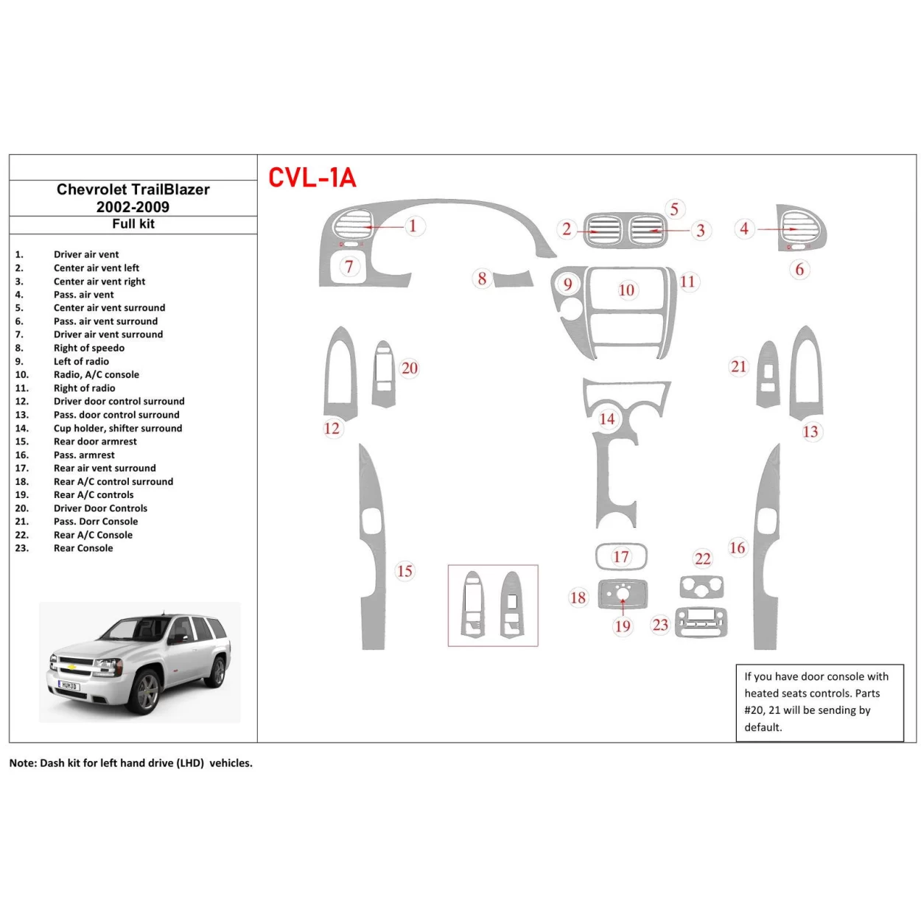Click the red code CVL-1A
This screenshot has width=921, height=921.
point(312,178)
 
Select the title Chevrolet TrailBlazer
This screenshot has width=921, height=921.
point(133,189)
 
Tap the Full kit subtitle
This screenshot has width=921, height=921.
point(133,224)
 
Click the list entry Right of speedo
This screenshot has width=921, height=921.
point(88,348)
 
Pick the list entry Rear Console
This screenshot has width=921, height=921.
point(83,548)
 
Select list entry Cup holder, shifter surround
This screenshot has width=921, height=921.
point(117,428)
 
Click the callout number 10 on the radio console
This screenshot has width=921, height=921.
point(626,290)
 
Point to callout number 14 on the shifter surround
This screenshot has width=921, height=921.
point(606,419)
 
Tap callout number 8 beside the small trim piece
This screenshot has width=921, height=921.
point(482,279)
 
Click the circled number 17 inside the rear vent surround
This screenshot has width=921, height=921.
point(621,557)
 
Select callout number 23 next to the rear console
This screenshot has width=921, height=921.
point(660,626)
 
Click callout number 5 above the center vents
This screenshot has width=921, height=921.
point(674,209)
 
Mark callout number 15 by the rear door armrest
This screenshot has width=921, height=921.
point(405,571)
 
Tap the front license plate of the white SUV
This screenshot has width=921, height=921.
point(69,686)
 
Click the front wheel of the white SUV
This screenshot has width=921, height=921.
point(147,691)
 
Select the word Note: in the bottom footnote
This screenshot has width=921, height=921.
point(23,763)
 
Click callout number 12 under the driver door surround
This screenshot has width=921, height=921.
point(332,428)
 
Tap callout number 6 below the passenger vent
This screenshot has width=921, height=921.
point(799,270)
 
